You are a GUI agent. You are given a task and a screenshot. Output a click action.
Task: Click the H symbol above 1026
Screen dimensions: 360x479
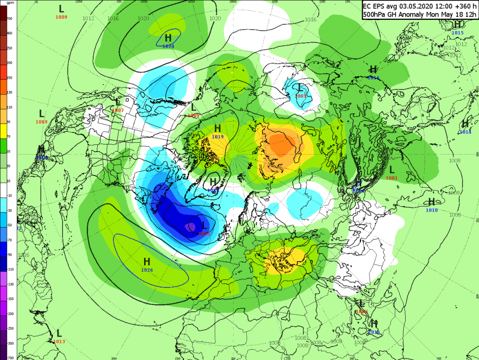point(147,261)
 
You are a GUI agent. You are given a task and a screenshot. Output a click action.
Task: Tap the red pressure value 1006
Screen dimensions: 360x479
point(204,234)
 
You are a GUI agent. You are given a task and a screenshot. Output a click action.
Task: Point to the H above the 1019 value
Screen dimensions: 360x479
point(217,129)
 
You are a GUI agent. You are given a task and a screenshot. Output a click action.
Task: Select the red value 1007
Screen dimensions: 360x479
point(117,110)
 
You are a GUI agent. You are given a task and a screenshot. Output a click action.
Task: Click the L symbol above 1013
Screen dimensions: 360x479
point(59,333)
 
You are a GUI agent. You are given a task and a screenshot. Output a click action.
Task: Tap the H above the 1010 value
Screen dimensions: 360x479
point(432,202)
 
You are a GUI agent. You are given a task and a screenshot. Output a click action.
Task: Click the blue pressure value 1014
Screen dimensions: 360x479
point(465,132)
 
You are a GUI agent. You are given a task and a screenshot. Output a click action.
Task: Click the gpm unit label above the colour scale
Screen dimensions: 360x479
point(10,3)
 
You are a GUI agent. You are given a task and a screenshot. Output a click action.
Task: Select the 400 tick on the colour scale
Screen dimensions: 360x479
point(9,34)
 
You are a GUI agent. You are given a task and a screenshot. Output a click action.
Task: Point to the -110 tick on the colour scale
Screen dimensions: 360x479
point(9,270)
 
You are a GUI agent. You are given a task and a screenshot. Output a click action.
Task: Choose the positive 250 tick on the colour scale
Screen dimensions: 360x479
point(9,48)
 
